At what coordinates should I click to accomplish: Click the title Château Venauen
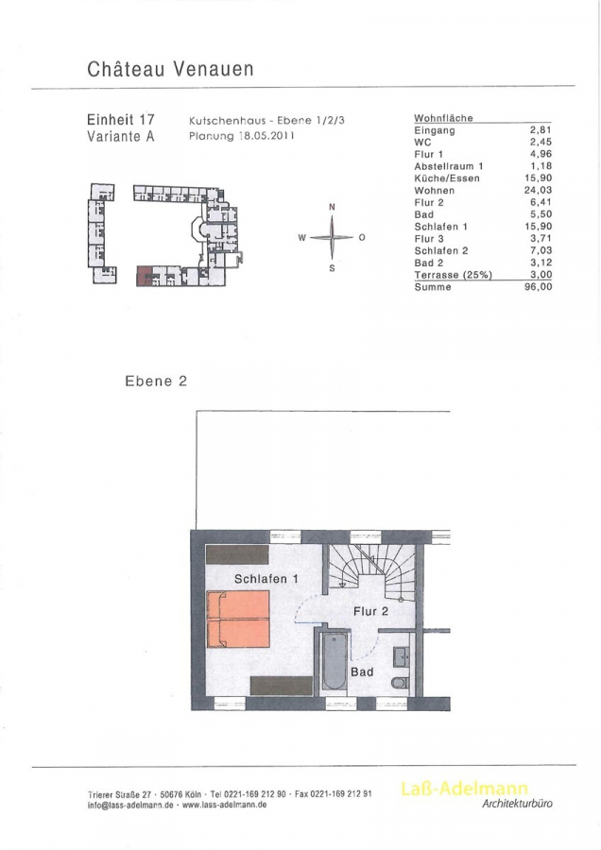tap(170, 69)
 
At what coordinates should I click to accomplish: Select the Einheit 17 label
tap(120, 119)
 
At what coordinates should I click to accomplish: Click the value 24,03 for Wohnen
tap(538, 190)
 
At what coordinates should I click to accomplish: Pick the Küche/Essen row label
tap(447, 178)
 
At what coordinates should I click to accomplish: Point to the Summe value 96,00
tap(538, 287)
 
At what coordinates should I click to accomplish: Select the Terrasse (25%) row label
tap(453, 275)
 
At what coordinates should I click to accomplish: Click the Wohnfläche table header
tap(444, 118)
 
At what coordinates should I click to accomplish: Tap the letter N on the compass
tap(332, 207)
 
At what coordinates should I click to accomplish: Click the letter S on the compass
tap(332, 268)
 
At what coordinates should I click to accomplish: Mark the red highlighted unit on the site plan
tap(144, 276)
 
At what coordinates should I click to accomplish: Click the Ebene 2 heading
tap(156, 382)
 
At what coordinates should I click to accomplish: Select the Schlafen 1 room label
tap(266, 579)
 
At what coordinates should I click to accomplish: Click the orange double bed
tap(238, 619)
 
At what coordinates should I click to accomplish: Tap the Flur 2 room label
tap(371, 611)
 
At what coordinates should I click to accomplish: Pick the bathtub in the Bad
tap(334, 660)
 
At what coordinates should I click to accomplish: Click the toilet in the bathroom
tap(402, 683)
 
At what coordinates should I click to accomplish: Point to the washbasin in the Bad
tap(402, 657)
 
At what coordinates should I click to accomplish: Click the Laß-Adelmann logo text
tap(464, 789)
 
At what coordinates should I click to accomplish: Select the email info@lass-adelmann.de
tap(130, 806)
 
